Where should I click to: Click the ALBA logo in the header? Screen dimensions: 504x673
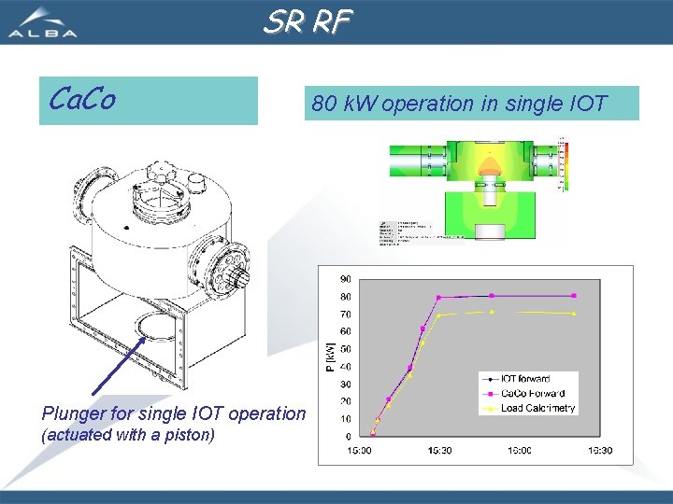[x=42, y=22]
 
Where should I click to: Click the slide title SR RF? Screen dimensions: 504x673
[x=307, y=21]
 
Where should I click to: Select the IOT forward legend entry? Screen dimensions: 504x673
[x=526, y=379]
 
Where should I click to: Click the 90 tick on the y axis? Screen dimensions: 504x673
[x=345, y=279]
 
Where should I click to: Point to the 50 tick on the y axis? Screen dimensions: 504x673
[x=345, y=349]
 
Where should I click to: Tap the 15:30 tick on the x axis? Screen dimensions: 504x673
[x=440, y=451]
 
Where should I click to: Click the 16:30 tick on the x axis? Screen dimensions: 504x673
[x=599, y=451]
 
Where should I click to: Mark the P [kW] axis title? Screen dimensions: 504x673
[x=329, y=356]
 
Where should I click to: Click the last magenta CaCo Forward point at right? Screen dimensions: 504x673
[x=573, y=296]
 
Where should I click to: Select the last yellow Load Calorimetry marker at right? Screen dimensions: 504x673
[x=573, y=314]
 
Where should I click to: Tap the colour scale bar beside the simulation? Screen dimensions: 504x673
[x=564, y=164]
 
